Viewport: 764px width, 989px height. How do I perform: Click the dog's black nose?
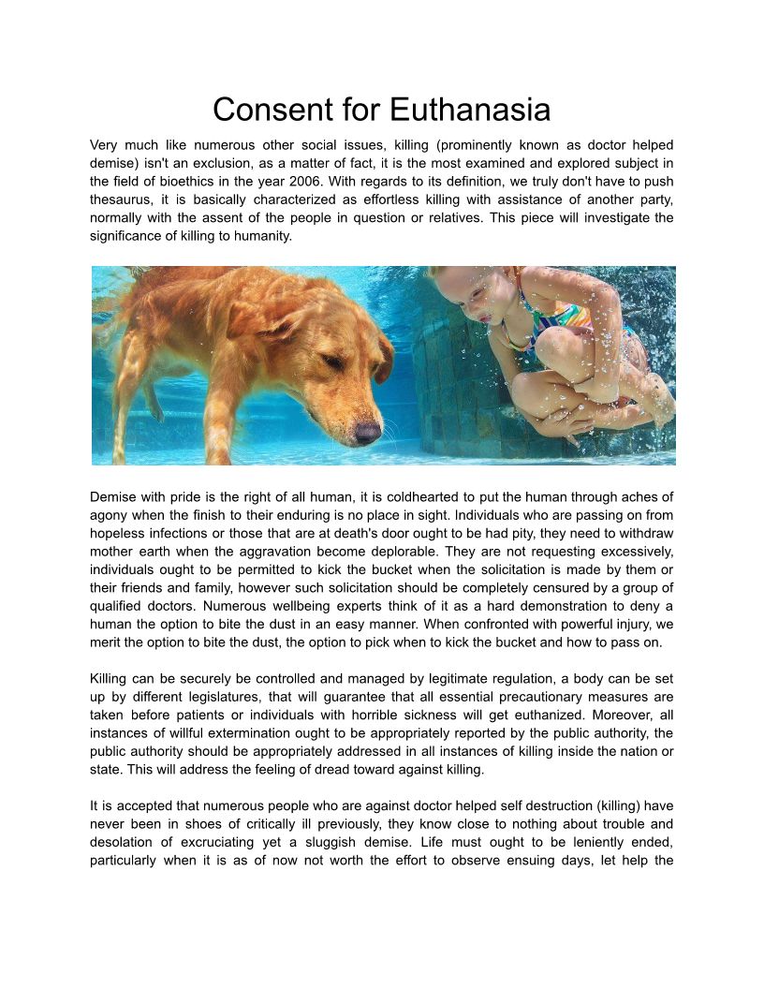tap(368, 433)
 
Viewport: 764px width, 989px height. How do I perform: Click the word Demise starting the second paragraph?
tap(116, 497)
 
